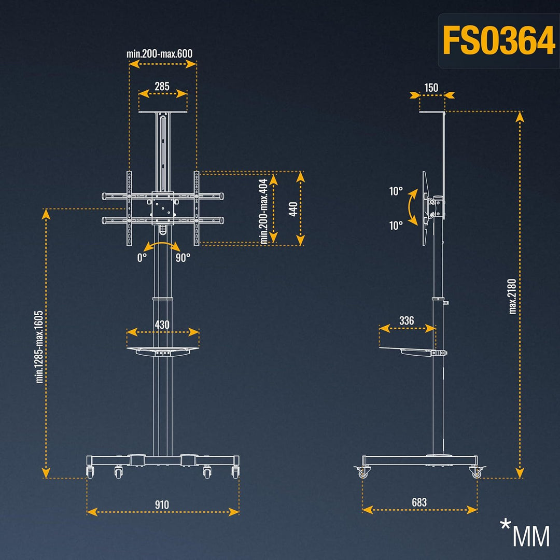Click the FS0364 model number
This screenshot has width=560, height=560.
tap(499, 40)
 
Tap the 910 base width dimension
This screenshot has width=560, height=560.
tap(162, 505)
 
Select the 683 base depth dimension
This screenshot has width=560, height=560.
tap(419, 502)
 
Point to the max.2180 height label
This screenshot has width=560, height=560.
tap(513, 297)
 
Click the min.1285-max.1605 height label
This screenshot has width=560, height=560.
tap(39, 347)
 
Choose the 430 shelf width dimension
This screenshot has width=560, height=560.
tap(162, 325)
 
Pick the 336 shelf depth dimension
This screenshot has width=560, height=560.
tap(407, 321)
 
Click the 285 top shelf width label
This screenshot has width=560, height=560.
tap(162, 87)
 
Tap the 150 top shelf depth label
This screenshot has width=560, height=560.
tap(431, 88)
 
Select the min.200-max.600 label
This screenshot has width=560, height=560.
tap(159, 53)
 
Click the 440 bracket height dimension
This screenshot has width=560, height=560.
tap(293, 209)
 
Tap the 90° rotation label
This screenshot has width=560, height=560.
tap(183, 258)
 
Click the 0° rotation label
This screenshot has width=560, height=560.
tap(142, 258)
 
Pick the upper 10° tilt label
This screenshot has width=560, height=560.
tap(396, 191)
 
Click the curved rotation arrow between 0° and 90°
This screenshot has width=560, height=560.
tap(162, 243)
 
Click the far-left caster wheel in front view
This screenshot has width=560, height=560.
tap(90, 472)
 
